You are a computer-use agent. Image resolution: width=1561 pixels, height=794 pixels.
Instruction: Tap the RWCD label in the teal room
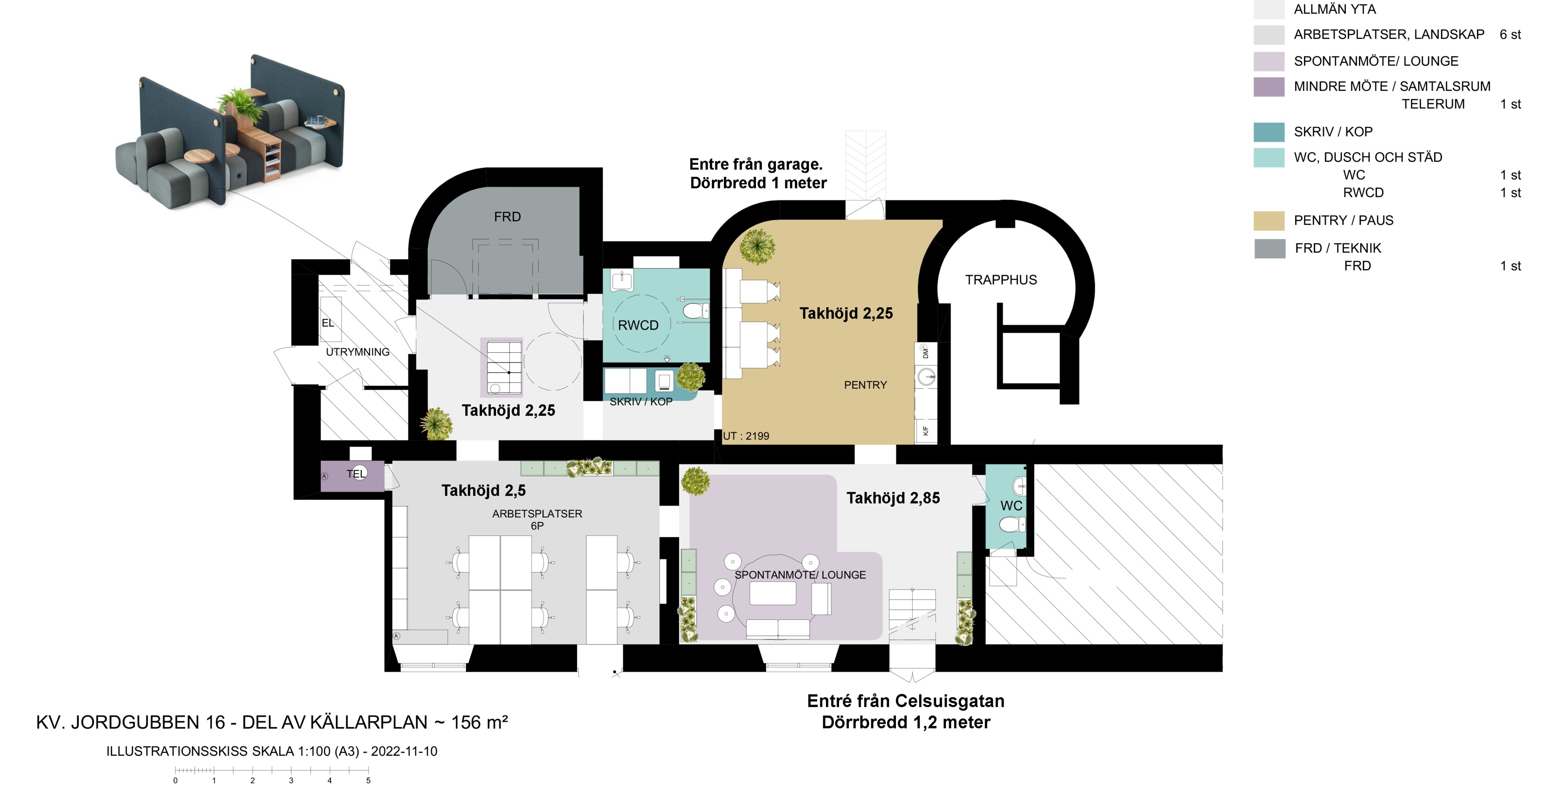(638, 325)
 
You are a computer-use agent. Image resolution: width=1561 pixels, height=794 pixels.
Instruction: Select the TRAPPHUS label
(1001, 280)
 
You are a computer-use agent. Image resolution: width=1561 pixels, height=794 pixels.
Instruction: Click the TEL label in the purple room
(356, 474)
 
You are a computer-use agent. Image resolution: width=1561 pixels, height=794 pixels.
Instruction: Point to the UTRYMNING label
(358, 352)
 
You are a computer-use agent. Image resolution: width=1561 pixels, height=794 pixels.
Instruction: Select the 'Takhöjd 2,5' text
(484, 490)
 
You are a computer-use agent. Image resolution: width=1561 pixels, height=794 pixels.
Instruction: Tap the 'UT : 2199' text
(746, 436)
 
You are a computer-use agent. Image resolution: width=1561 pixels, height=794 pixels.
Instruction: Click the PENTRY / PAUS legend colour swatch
(1269, 221)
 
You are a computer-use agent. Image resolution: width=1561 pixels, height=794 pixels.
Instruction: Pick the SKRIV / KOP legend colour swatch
(1269, 132)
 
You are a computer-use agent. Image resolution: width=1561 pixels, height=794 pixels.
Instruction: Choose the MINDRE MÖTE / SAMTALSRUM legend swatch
(1269, 87)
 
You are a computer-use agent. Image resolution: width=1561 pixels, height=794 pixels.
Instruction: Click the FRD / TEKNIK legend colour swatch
(1270, 248)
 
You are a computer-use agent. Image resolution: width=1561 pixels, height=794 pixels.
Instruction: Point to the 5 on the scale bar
(368, 781)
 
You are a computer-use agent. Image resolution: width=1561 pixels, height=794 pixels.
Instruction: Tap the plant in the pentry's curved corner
(757, 245)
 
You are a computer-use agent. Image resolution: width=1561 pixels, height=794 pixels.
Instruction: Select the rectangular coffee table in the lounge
(773, 593)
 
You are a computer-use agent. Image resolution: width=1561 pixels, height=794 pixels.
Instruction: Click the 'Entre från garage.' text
(756, 164)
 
